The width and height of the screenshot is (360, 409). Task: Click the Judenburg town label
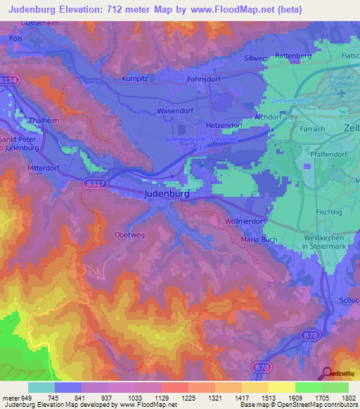pos(167,193)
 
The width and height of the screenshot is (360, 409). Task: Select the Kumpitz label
pos(136,79)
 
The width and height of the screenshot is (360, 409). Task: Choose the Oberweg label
pos(129,235)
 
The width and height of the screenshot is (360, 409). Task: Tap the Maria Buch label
pos(259,240)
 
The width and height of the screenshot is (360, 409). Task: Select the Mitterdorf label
pos(44,169)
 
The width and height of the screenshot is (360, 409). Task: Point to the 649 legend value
pos(27,398)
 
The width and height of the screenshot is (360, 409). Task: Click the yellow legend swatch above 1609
pos(281,387)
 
